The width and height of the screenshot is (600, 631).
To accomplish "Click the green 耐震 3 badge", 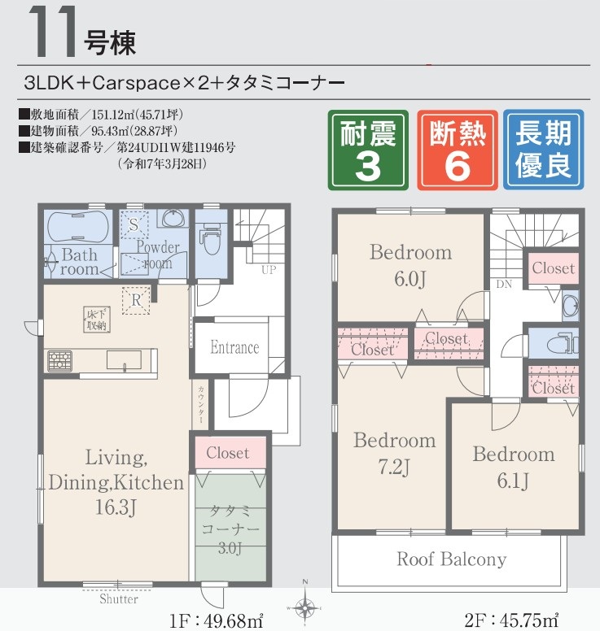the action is (368, 150).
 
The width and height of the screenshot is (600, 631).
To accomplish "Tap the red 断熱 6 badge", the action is (457, 150).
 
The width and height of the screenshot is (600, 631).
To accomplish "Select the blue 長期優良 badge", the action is (543, 150).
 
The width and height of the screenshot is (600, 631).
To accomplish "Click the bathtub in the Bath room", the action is (78, 227).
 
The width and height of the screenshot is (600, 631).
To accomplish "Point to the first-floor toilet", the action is (212, 237).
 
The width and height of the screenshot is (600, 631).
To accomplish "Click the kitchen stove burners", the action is (60, 360).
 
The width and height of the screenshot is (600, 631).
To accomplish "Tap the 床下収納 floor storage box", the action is (97, 320).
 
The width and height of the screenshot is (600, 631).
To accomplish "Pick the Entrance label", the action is (234, 347).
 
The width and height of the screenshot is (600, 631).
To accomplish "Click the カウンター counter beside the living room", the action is (200, 404).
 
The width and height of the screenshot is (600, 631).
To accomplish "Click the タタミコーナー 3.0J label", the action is (230, 529).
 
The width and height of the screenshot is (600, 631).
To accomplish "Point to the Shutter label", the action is (119, 598).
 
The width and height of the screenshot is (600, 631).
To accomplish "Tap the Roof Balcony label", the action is (451, 559).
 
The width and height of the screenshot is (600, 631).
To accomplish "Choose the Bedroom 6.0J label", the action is (410, 265).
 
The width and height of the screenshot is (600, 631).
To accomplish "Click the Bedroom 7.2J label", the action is (395, 453).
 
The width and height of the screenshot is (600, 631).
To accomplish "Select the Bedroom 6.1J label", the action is (514, 467).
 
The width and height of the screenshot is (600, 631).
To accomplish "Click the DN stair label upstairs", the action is (504, 285).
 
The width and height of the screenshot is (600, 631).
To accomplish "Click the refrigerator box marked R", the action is (136, 300).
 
